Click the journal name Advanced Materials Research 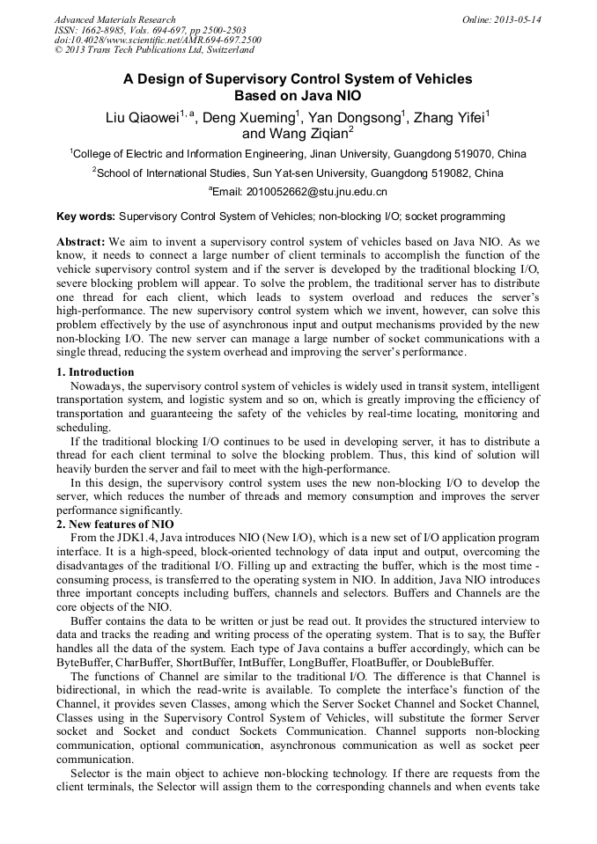114,19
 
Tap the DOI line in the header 158,40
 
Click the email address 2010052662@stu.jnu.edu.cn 304,191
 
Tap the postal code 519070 471,153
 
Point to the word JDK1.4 141,537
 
